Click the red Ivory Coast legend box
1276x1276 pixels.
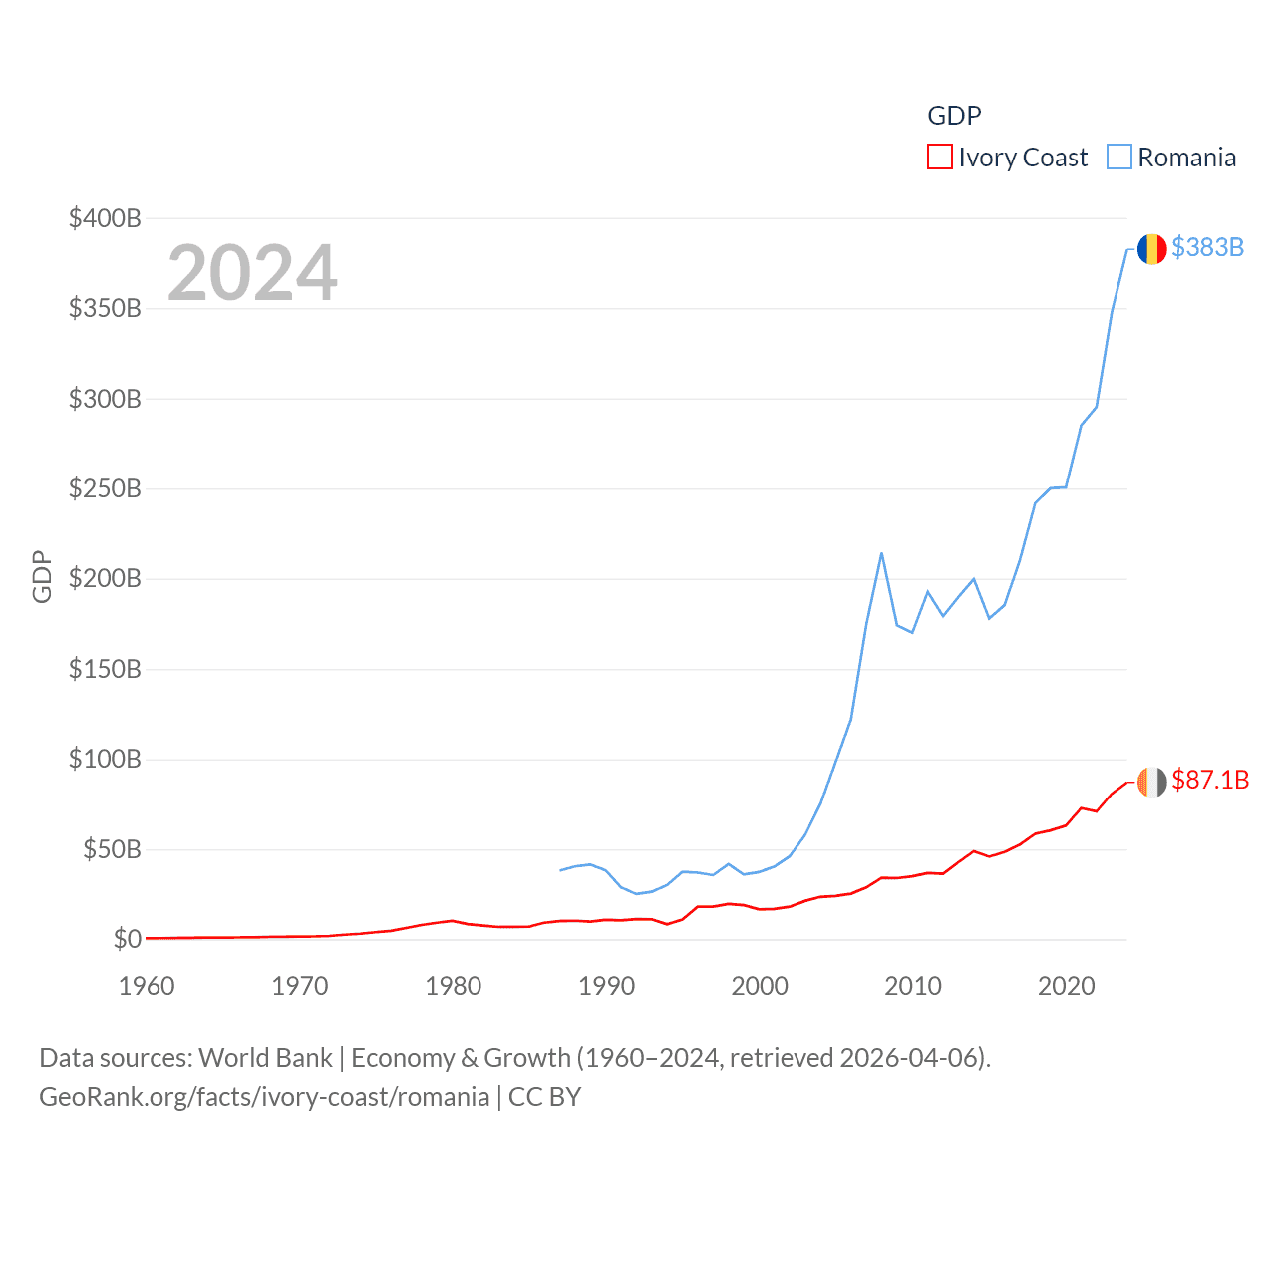tap(939, 158)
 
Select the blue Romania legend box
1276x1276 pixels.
tap(1119, 158)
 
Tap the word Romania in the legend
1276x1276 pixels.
tap(1186, 158)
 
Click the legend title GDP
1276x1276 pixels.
tap(954, 116)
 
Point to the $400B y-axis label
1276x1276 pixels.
tap(105, 218)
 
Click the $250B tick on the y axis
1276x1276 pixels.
tap(105, 488)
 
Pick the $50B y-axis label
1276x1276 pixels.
tap(112, 849)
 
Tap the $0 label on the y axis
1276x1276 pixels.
tap(127, 939)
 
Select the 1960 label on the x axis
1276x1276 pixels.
tap(147, 986)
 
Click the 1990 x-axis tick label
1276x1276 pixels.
tap(606, 986)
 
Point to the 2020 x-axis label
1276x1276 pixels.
tap(1067, 986)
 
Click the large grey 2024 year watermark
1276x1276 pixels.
tap(252, 273)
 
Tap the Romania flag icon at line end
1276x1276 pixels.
tap(1151, 249)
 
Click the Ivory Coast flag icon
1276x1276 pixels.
tap(1151, 782)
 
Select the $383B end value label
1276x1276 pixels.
tap(1207, 247)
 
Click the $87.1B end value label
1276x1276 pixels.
tap(1210, 780)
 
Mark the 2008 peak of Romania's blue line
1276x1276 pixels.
tap(881, 553)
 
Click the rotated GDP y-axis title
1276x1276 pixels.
tap(42, 576)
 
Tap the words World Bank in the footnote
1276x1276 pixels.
tap(266, 1057)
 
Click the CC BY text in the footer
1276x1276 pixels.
tap(544, 1097)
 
